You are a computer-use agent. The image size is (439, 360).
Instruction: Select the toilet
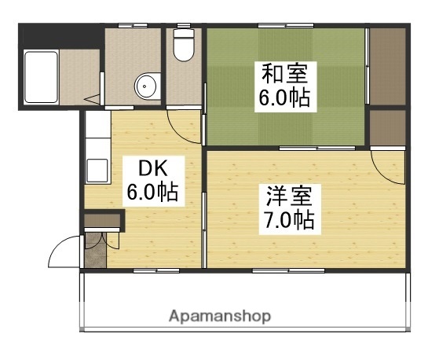[x=183, y=46]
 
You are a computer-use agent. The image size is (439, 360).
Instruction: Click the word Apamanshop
[x=220, y=317]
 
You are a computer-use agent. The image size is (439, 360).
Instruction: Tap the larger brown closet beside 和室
[x=386, y=68]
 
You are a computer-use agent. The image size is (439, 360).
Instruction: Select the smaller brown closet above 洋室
[x=386, y=127]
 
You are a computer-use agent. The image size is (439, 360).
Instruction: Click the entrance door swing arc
[x=63, y=252]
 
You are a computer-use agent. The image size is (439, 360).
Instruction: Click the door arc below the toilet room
[x=184, y=120]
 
